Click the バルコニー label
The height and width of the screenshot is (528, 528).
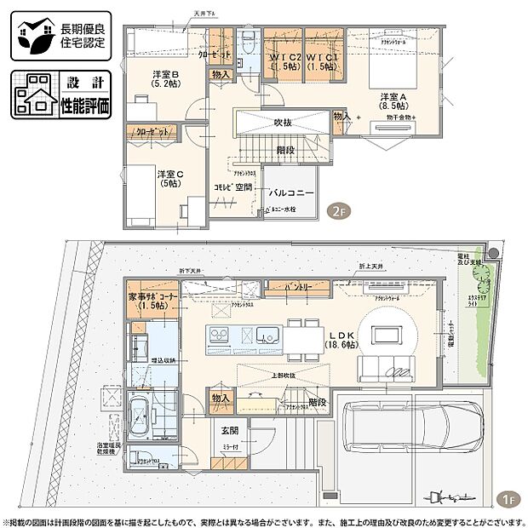click(x=291, y=193)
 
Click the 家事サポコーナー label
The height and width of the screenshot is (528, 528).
click(x=153, y=301)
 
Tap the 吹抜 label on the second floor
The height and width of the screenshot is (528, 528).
click(x=283, y=123)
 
